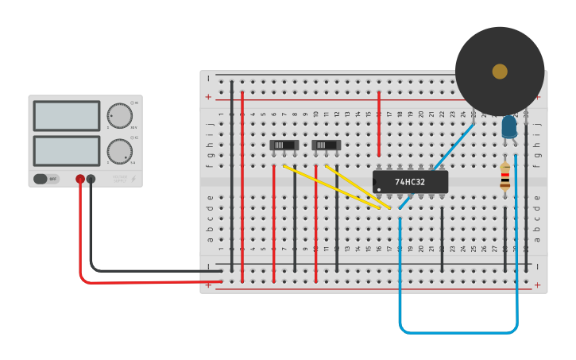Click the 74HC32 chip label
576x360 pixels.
pyautogui.click(x=410, y=182)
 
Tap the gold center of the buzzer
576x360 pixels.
pyautogui.click(x=500, y=72)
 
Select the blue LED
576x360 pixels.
pyautogui.click(x=509, y=126)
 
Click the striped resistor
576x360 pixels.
pyautogui.click(x=505, y=176)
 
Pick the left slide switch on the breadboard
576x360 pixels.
pyautogui.click(x=284, y=145)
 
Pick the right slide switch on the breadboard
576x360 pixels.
pyautogui.click(x=326, y=145)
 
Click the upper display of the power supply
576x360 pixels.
pyautogui.click(x=67, y=115)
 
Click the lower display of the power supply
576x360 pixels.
pyautogui.click(x=67, y=150)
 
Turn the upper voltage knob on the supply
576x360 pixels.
pyautogui.click(x=119, y=115)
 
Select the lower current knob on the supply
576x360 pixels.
pyautogui.click(x=119, y=150)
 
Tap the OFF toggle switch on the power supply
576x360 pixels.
pyautogui.click(x=46, y=179)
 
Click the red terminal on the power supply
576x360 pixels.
pyautogui.click(x=80, y=180)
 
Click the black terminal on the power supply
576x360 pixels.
pyautogui.click(x=91, y=180)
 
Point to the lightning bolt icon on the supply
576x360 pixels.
pyautogui.click(x=133, y=180)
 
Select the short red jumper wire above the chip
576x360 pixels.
pyautogui.click(x=379, y=123)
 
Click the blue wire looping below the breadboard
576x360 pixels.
pyautogui.click(x=458, y=331)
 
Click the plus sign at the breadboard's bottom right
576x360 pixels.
pyautogui.click(x=537, y=285)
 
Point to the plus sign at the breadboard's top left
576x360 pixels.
pyautogui.click(x=208, y=97)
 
